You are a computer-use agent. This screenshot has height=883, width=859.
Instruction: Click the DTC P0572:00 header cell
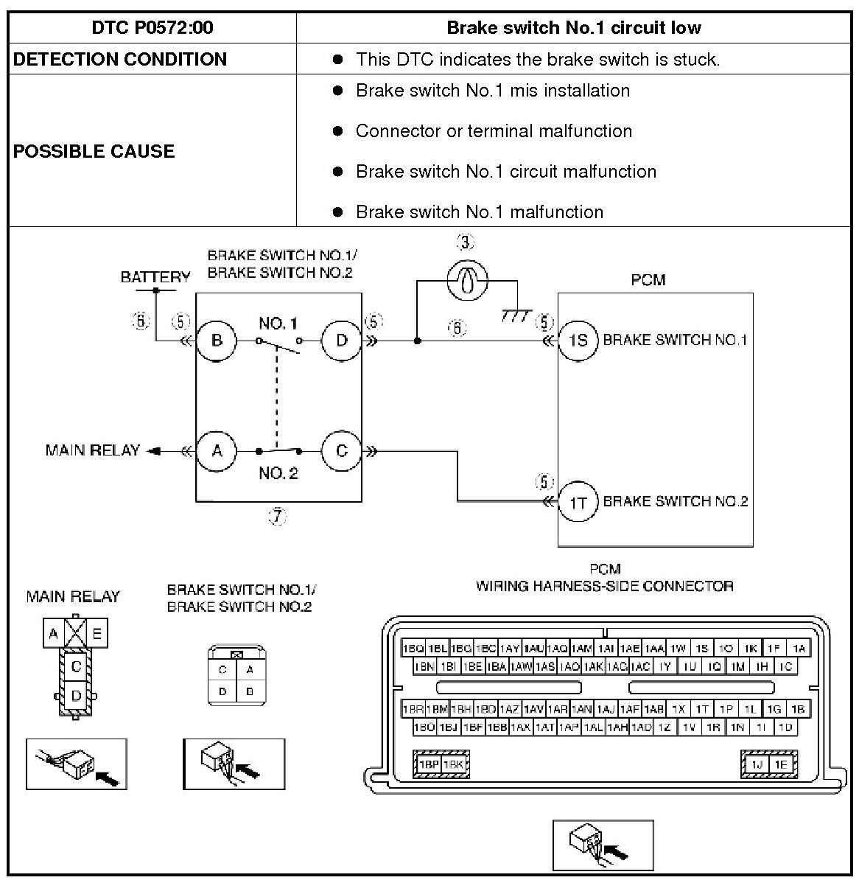coord(152,28)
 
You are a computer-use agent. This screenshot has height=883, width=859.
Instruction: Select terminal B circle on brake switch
coord(217,341)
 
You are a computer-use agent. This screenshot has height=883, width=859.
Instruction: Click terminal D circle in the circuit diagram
coord(342,341)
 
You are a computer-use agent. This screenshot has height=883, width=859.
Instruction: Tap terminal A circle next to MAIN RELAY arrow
coord(217,450)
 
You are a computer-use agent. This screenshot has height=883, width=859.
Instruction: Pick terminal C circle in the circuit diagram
coord(342,450)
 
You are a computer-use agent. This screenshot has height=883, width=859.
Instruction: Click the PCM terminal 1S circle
coord(578,341)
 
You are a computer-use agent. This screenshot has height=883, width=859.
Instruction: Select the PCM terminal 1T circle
coord(578,502)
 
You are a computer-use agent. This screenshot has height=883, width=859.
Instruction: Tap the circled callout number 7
coord(277,517)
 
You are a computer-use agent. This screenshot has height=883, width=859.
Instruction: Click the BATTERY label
coord(155,277)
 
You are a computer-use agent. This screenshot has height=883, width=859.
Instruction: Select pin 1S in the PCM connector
coord(702,649)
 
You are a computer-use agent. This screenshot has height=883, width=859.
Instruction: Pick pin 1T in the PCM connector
coord(702,709)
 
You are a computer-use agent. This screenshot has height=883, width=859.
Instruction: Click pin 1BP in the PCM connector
coord(429,765)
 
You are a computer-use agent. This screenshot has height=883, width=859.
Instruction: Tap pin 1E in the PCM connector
coord(780,765)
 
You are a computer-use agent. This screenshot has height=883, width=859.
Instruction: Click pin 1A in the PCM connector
coord(799,649)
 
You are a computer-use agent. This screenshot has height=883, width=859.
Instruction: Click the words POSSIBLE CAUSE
coord(94,151)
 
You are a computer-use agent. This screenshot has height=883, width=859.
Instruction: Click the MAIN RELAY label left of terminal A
coord(92,450)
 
